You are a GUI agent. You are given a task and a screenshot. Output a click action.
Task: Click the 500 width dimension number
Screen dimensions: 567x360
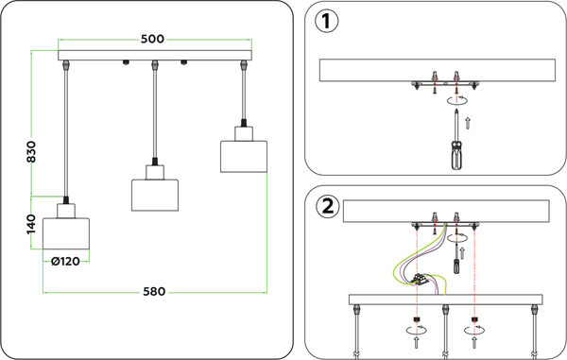click(x=152, y=39)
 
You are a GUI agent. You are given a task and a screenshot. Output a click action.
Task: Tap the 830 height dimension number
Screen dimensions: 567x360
click(x=31, y=151)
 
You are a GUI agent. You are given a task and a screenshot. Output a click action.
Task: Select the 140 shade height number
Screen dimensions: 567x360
click(x=31, y=224)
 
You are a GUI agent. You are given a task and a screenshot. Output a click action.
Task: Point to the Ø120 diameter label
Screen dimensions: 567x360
click(x=65, y=261)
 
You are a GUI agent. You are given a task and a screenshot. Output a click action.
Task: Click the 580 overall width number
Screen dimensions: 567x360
click(x=154, y=291)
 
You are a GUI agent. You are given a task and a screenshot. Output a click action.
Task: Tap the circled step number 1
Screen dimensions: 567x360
click(x=327, y=21)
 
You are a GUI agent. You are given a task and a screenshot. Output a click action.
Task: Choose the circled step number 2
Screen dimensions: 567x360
click(x=328, y=207)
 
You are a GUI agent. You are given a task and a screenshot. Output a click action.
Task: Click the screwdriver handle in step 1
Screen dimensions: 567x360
click(x=457, y=155)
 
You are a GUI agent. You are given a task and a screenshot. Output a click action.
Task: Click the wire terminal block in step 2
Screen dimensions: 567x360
click(x=421, y=280)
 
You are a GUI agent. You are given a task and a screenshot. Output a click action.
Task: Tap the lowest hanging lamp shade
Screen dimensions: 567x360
click(x=66, y=233)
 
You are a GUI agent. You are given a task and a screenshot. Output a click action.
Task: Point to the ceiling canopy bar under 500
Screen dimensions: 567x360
click(x=155, y=56)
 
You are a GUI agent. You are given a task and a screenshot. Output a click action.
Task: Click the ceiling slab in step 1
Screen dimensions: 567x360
click(x=438, y=70)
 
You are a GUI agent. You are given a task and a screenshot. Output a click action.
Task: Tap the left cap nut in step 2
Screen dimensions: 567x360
click(x=416, y=319)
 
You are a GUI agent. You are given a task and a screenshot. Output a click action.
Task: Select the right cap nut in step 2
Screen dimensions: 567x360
click(x=474, y=319)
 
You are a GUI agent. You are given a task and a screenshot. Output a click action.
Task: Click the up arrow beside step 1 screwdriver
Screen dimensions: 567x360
click(x=468, y=124)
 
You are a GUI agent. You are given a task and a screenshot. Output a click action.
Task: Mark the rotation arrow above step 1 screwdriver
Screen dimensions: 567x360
click(x=457, y=100)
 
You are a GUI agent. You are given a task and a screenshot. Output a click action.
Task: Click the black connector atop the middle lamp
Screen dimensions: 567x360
click(x=155, y=162)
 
